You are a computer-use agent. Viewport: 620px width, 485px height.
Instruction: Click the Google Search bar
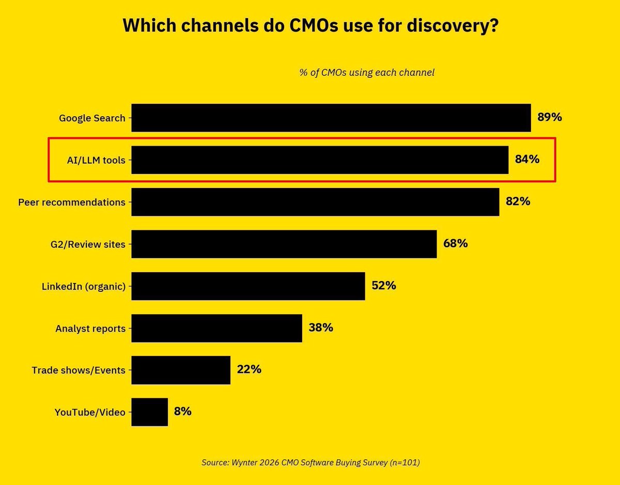point(331,118)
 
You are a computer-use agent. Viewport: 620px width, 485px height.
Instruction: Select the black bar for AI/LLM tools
point(320,160)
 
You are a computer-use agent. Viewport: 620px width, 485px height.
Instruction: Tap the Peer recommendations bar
point(315,202)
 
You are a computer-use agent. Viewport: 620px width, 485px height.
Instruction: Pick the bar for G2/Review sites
point(284,244)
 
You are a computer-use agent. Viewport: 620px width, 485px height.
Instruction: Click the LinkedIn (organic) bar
point(248,286)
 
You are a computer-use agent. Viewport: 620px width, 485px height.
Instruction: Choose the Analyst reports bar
point(216,328)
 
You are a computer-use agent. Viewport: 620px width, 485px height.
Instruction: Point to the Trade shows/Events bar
point(180,370)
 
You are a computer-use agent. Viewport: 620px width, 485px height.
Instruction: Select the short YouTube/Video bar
point(149,412)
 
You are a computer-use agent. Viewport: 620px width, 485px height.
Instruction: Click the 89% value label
point(549,117)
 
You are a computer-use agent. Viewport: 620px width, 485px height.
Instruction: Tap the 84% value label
point(527,159)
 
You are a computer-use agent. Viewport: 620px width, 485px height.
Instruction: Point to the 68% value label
point(455,243)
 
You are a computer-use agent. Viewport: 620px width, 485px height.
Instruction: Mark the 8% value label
point(183,411)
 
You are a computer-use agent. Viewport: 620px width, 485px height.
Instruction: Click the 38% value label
point(320,327)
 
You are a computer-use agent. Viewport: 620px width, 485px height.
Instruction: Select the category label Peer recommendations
point(72,202)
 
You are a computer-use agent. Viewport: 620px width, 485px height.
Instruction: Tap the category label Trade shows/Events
point(79,370)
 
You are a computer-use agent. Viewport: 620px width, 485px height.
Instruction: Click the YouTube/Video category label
point(90,412)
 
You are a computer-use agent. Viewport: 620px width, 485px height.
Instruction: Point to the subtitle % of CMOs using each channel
point(367,72)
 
